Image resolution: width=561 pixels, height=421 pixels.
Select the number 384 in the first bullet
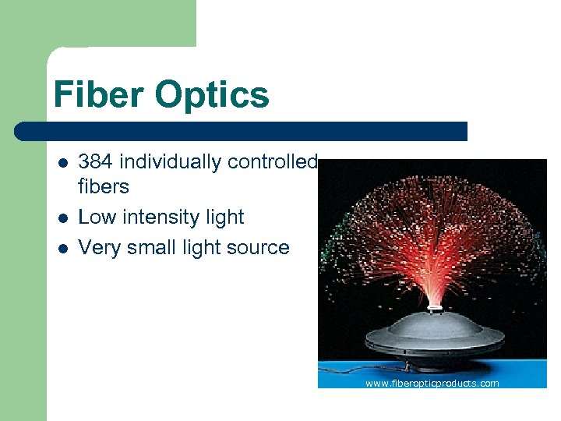coord(95,161)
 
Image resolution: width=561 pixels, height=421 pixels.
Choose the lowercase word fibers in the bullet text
coord(104,186)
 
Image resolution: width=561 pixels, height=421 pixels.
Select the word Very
coord(99,248)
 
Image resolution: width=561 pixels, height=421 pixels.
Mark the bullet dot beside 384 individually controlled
coord(63,163)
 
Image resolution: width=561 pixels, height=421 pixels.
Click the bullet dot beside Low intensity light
coord(63,218)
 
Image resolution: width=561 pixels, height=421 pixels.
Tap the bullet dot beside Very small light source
coord(63,249)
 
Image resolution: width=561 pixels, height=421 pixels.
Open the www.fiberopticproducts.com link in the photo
coord(432,383)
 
